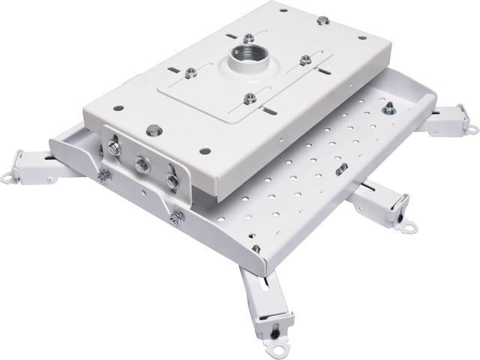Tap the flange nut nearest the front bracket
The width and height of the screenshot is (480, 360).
(x=250, y=98)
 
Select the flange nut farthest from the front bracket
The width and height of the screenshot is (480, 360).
(x=248, y=38)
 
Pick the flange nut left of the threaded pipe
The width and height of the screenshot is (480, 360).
(x=191, y=73)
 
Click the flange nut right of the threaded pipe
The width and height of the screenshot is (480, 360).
(x=305, y=60)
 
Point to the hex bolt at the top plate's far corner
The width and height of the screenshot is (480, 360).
(x=322, y=20)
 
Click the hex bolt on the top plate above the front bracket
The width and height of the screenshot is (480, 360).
(x=154, y=130)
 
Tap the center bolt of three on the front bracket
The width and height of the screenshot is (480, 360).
(x=139, y=163)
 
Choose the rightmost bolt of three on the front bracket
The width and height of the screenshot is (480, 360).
(x=172, y=181)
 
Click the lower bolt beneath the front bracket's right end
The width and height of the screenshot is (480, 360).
(x=175, y=217)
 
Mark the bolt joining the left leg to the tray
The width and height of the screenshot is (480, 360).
(x=103, y=176)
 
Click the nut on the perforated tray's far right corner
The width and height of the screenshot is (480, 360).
(x=388, y=109)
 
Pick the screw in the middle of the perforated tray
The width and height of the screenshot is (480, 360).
(x=341, y=169)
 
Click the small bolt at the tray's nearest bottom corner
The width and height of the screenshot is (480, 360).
(x=256, y=248)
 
